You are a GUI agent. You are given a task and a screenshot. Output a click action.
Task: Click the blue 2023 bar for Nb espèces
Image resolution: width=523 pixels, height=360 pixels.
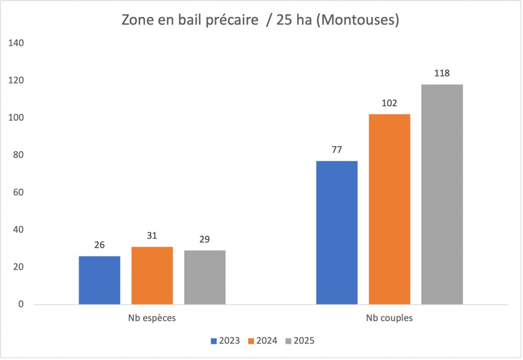pos(100,280)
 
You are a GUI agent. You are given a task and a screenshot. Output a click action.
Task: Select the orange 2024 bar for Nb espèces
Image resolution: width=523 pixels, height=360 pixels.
pos(152,276)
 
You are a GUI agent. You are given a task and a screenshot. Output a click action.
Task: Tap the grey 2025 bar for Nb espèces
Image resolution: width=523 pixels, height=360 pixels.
pos(205,277)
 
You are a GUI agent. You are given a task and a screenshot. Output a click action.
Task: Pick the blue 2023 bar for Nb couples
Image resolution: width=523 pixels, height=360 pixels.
pos(337,233)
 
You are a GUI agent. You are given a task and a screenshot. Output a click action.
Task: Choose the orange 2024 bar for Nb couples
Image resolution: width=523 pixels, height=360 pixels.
pos(390,209)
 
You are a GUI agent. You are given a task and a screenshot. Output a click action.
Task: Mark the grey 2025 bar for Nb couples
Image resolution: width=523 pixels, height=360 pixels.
pos(442,195)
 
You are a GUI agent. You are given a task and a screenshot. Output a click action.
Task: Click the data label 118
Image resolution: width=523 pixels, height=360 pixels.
pos(442,73)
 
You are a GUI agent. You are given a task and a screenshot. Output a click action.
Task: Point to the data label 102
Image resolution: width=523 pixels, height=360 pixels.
pos(390,103)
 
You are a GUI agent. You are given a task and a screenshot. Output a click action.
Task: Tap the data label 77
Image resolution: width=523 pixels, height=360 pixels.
pos(337,150)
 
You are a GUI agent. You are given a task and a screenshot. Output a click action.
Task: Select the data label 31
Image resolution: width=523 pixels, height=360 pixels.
pos(152,236)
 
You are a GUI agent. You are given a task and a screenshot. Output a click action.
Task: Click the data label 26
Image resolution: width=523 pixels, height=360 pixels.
pos(100,245)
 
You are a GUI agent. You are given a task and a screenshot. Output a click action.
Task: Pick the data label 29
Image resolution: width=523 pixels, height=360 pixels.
pos(205,239)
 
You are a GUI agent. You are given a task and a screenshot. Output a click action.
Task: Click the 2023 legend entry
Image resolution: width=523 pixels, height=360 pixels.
pos(225,341)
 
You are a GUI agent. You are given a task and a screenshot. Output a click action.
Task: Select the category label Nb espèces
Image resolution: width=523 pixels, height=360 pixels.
pos(152,318)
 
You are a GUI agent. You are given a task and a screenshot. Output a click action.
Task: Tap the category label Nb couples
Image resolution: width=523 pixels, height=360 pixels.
pos(389,318)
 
